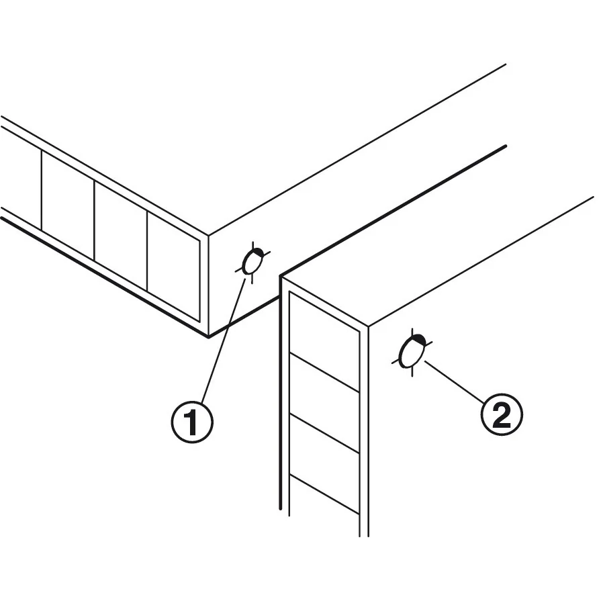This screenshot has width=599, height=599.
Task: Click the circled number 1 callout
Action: [192, 422]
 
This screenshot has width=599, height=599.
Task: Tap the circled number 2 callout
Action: [502, 414]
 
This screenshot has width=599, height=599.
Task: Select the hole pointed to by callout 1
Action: [252, 262]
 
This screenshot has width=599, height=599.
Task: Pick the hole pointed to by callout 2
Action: [412, 351]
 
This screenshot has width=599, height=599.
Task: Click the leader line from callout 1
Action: [224, 340]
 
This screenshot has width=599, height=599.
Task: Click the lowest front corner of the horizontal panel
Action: [208, 337]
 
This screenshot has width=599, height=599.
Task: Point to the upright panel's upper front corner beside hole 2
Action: [368, 326]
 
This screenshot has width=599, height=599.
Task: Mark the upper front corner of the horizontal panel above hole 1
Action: [208, 235]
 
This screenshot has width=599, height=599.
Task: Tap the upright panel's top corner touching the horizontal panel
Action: [281, 275]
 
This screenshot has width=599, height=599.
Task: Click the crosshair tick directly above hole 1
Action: [252, 245]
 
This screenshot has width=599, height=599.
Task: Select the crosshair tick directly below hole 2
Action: [412, 372]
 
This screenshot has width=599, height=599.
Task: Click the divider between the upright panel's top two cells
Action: [324, 373]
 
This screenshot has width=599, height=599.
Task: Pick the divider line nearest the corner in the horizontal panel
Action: [147, 251]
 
